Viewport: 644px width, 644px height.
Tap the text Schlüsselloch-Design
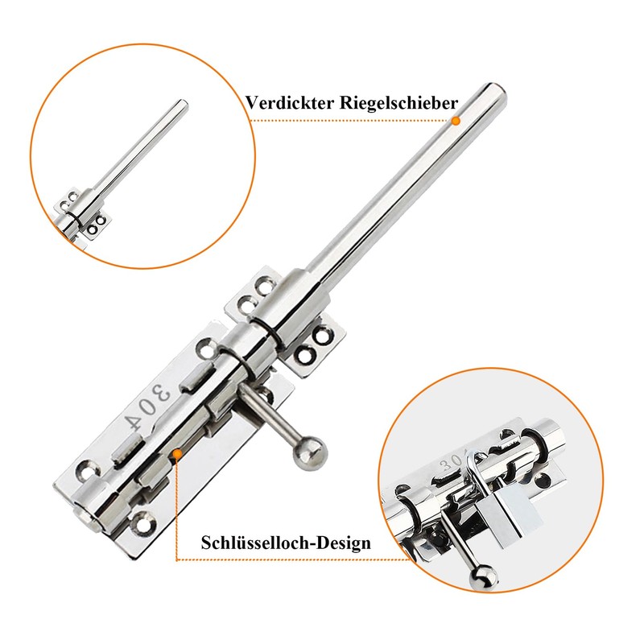(286, 543)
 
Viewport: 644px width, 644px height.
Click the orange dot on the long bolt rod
(455, 121)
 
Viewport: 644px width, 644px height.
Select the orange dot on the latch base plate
(175, 455)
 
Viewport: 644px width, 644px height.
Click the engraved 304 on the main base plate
(150, 402)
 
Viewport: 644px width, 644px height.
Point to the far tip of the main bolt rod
(497, 90)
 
